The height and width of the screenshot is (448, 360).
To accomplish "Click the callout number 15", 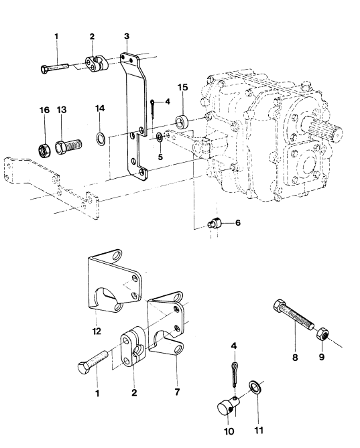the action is click(x=183, y=87).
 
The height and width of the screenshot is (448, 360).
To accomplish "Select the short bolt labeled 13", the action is click(x=68, y=146).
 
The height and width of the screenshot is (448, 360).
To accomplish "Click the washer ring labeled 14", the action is click(x=100, y=139).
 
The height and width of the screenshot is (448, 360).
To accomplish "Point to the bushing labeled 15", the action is click(x=182, y=121).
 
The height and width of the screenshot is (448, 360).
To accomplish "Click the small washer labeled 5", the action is click(x=160, y=137).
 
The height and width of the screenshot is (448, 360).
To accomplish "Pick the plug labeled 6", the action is click(x=215, y=223).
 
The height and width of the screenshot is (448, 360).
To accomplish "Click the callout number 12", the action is click(x=97, y=331).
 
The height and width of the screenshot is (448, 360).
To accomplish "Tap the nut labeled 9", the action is click(x=323, y=333).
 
